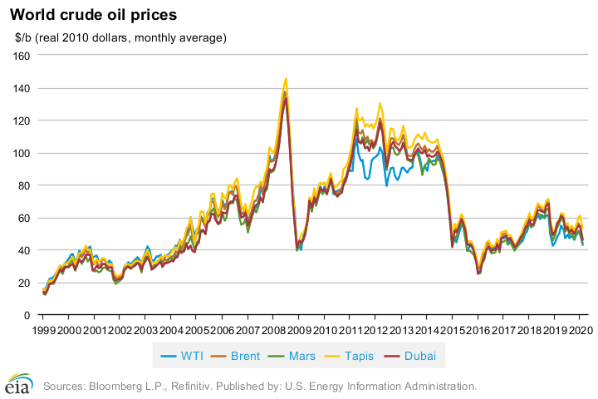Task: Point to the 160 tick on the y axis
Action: (x=22, y=56)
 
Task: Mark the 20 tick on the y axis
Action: (x=24, y=283)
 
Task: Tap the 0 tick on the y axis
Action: (x=27, y=315)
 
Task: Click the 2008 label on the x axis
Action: (x=272, y=330)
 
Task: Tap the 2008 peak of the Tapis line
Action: (x=286, y=79)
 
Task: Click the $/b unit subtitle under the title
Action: (x=120, y=37)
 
